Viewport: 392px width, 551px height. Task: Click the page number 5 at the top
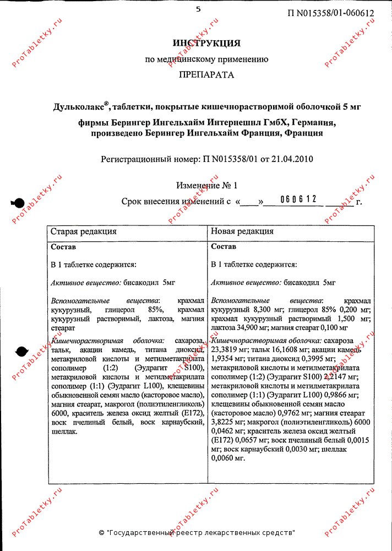tap(198, 8)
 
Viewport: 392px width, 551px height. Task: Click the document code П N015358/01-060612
tap(330, 13)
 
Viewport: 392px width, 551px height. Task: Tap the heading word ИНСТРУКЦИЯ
tap(206, 43)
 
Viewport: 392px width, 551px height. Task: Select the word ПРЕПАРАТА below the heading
tap(206, 75)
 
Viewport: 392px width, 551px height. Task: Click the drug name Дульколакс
tap(80, 106)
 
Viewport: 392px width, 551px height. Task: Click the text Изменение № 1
tap(207, 186)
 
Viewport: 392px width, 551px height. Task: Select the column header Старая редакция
tap(84, 231)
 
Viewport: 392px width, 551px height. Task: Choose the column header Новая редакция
tap(242, 231)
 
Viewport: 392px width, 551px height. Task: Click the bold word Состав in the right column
tap(224, 246)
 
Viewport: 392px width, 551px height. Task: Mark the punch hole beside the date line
tap(17, 203)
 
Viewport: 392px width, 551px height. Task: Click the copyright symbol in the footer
tap(101, 533)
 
